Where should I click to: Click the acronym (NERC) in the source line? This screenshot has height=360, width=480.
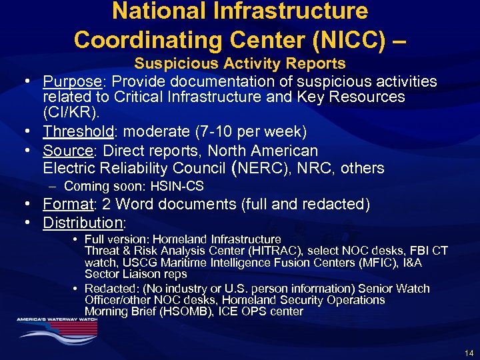(258, 167)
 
